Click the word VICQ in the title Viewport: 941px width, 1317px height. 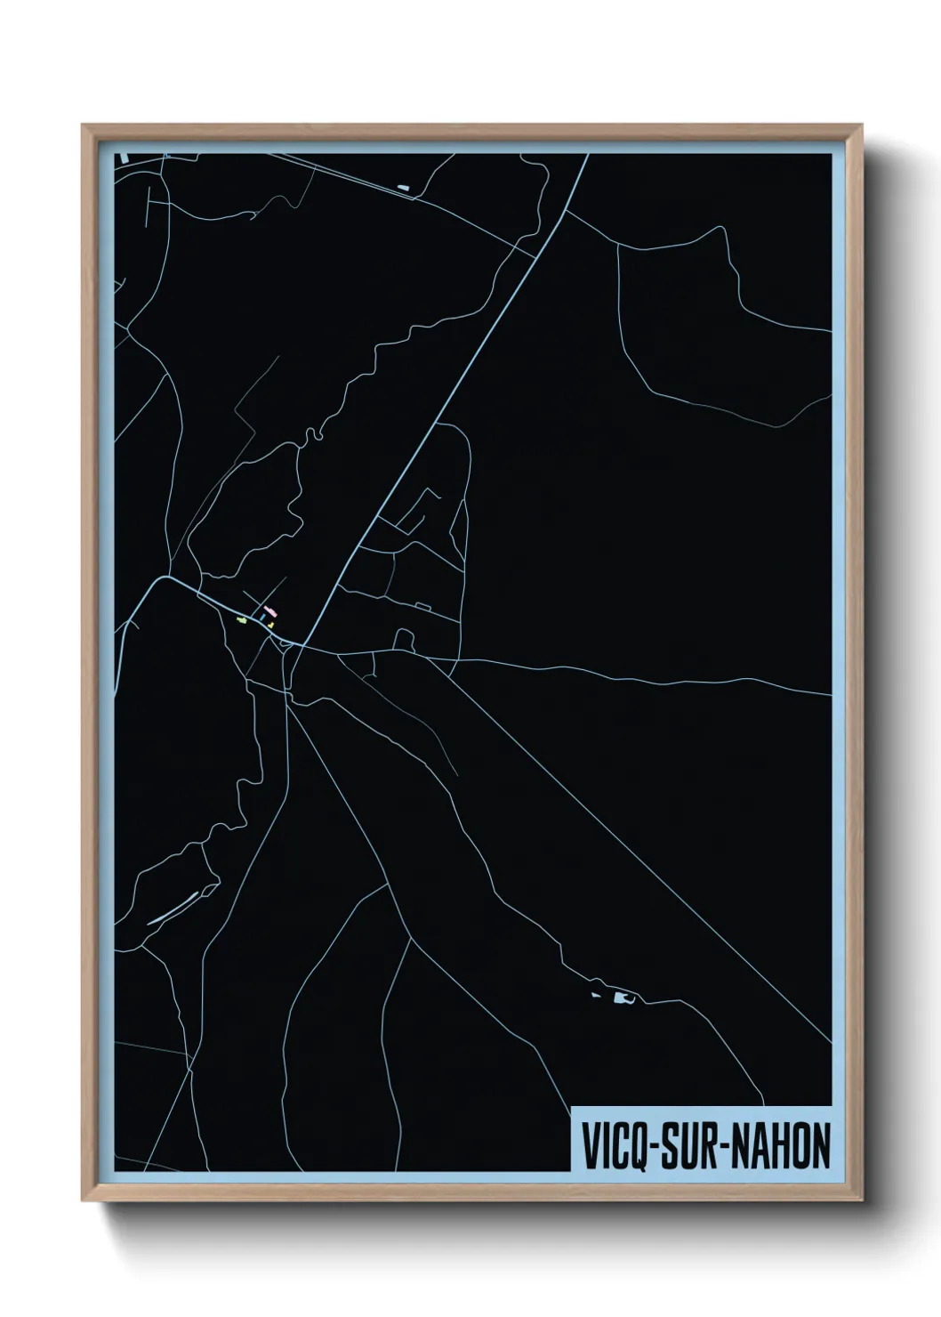pos(615,1147)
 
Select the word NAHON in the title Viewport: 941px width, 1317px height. pos(782,1147)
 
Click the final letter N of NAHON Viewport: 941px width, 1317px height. pos(820,1147)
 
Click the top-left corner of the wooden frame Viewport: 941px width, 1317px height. pos(83,125)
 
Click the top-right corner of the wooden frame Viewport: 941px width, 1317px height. pos(863,125)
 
